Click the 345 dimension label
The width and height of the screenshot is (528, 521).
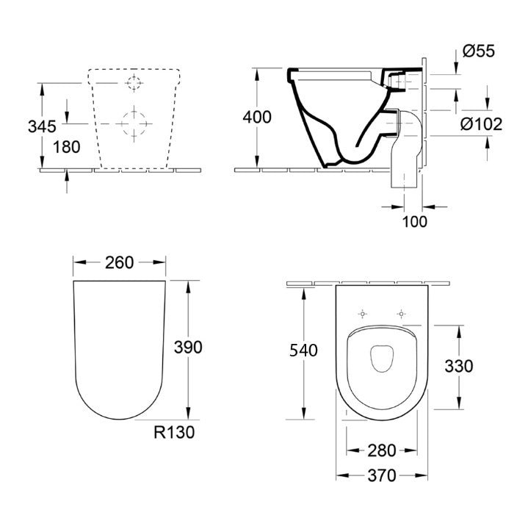coord(42,126)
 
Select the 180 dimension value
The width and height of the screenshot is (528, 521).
coord(67,147)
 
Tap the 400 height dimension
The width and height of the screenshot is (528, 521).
coord(257,118)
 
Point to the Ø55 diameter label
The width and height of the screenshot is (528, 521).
coord(479,51)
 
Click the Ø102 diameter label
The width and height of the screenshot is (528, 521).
coord(481,124)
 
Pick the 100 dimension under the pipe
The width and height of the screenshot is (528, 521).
coord(415,222)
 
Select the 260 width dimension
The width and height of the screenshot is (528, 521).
coord(119,263)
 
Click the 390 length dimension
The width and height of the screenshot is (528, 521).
coord(188,347)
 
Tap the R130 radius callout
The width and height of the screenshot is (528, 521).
coord(174,432)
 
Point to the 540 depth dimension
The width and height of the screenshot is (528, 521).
coord(303,351)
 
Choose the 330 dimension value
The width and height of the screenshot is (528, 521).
coord(459,367)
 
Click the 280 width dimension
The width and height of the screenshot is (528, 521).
coord(382,450)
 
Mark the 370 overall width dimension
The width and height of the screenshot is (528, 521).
coord(382,476)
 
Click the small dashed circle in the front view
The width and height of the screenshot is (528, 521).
coord(134,82)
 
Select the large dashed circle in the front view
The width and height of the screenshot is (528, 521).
coord(134,123)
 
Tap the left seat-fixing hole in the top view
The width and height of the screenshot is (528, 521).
coord(362,314)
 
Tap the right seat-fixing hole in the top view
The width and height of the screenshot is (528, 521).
coord(401,314)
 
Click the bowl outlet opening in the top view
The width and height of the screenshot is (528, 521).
coord(382,359)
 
